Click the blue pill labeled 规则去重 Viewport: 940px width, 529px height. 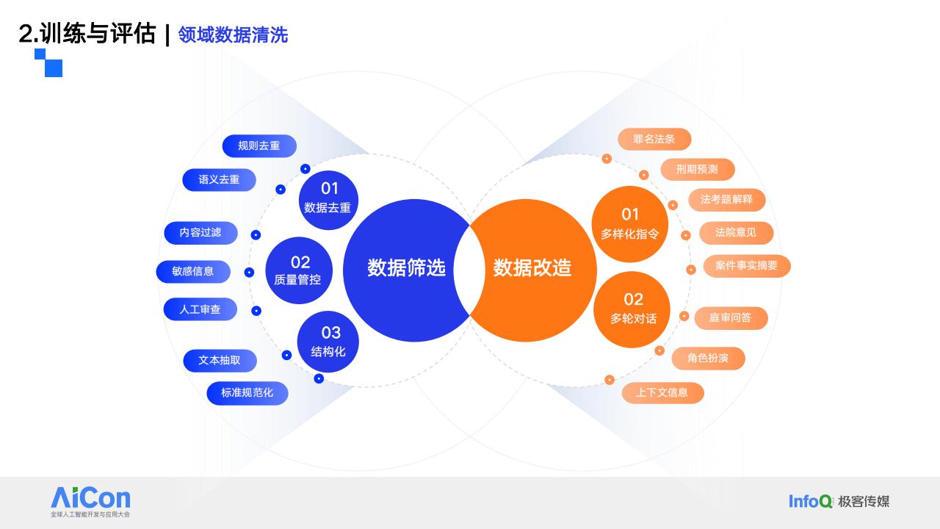(x=259, y=146)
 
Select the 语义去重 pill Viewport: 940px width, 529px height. (x=219, y=180)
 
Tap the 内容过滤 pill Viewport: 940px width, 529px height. (x=200, y=233)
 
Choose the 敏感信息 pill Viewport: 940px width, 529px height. (x=193, y=272)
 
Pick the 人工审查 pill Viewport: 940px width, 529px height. (x=200, y=309)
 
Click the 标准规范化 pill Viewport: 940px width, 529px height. (x=247, y=393)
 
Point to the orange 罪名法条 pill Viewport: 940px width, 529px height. (x=654, y=139)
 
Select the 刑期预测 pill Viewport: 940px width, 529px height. (x=698, y=170)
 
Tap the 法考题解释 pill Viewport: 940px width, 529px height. (x=727, y=200)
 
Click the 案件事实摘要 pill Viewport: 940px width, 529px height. (x=747, y=266)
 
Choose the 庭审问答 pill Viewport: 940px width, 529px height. (x=731, y=318)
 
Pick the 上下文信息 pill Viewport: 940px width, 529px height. (x=662, y=393)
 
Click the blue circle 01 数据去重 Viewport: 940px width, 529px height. (x=328, y=200)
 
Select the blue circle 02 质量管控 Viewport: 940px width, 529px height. (x=299, y=270)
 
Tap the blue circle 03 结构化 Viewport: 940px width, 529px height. (x=328, y=342)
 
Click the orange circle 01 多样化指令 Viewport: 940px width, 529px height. (x=630, y=224)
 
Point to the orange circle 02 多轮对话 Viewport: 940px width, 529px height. (x=632, y=309)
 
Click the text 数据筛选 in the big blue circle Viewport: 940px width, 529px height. (x=406, y=268)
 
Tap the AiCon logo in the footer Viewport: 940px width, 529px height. (x=90, y=502)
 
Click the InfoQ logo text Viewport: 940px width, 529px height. (x=810, y=501)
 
